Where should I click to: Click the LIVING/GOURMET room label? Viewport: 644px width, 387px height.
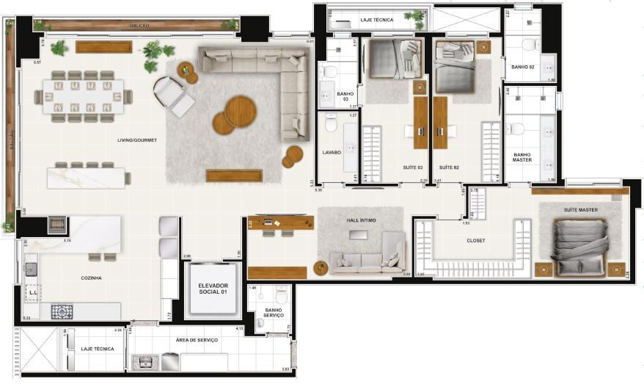[x=137, y=140]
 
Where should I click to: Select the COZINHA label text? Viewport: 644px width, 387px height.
[x=91, y=278]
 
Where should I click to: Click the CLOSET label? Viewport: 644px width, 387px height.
[x=476, y=240]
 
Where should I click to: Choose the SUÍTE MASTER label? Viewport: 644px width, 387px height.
[x=581, y=210]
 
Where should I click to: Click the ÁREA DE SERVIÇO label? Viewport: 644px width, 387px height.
[x=197, y=340]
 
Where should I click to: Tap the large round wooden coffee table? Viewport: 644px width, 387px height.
[x=240, y=112]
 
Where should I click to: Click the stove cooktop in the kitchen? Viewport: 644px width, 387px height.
[x=62, y=311]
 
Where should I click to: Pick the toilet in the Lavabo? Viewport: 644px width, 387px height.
[x=331, y=124]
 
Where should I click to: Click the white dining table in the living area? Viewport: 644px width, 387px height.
[x=83, y=96]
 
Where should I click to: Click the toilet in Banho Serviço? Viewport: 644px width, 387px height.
[x=280, y=296]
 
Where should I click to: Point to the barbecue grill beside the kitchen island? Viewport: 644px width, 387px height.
[x=57, y=225]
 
